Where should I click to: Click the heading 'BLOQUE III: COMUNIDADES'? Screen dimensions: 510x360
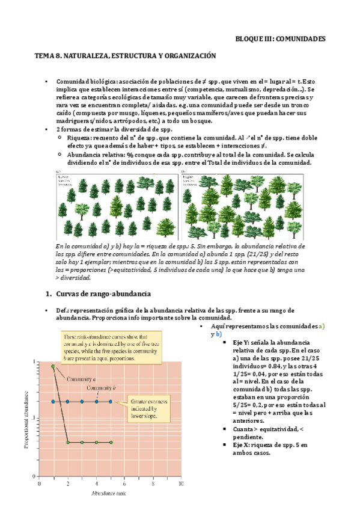click(279, 38)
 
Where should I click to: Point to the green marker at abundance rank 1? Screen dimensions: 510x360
click(53, 366)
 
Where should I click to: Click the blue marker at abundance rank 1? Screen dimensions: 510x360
click(53, 402)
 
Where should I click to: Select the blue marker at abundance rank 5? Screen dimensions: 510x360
click(111, 402)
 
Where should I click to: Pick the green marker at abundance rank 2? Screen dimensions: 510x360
click(68, 442)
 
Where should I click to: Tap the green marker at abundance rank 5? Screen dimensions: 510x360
click(111, 442)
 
